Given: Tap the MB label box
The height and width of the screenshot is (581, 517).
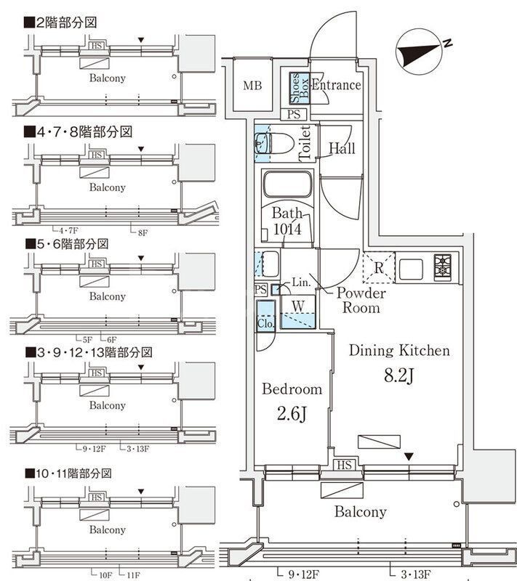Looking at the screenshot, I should [x=252, y=86].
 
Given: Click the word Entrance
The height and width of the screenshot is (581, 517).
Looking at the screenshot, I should [x=337, y=85].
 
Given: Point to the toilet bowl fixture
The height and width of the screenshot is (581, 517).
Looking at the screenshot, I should [x=265, y=143].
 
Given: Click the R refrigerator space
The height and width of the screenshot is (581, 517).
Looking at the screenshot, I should [x=379, y=267].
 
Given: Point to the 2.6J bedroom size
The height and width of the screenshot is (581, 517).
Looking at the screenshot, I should [x=291, y=415].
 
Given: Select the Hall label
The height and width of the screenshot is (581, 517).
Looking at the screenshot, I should [x=342, y=149].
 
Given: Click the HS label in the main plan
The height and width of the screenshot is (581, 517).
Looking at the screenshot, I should [x=344, y=465].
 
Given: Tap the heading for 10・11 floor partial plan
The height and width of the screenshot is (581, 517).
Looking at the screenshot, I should [x=73, y=474].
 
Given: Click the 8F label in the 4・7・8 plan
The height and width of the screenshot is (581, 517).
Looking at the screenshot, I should [x=142, y=232].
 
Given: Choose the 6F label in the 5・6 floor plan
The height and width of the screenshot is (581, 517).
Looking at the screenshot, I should [x=111, y=339].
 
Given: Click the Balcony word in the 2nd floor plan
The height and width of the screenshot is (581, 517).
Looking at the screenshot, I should [x=107, y=78].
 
